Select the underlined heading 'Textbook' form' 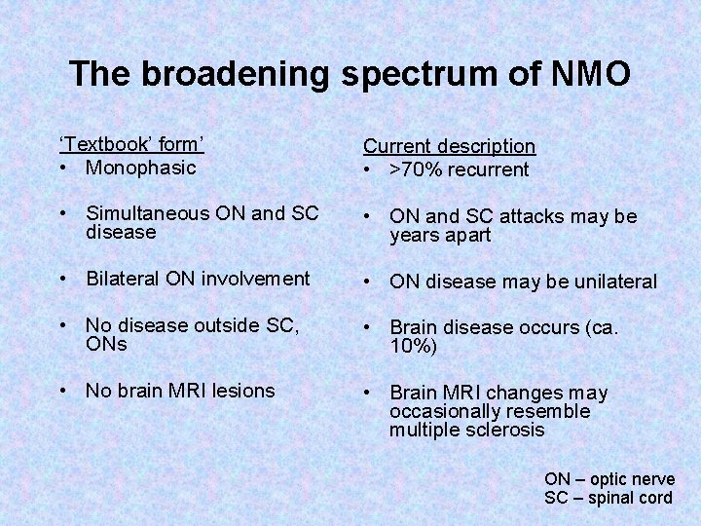tap(131, 144)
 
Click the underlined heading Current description tap(449, 146)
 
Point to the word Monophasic tap(140, 167)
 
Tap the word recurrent tap(490, 169)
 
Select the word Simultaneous tap(146, 213)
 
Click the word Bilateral tap(124, 279)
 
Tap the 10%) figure tap(414, 347)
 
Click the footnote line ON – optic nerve tap(608, 478)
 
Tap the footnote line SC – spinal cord tap(608, 498)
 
